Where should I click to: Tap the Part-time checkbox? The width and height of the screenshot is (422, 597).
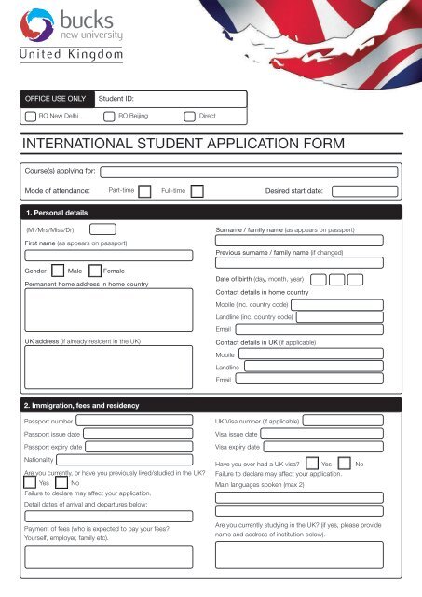144,190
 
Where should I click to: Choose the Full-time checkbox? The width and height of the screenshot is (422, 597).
197,190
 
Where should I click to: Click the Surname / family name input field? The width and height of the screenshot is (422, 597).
308,240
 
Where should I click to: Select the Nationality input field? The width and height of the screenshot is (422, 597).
131,460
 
